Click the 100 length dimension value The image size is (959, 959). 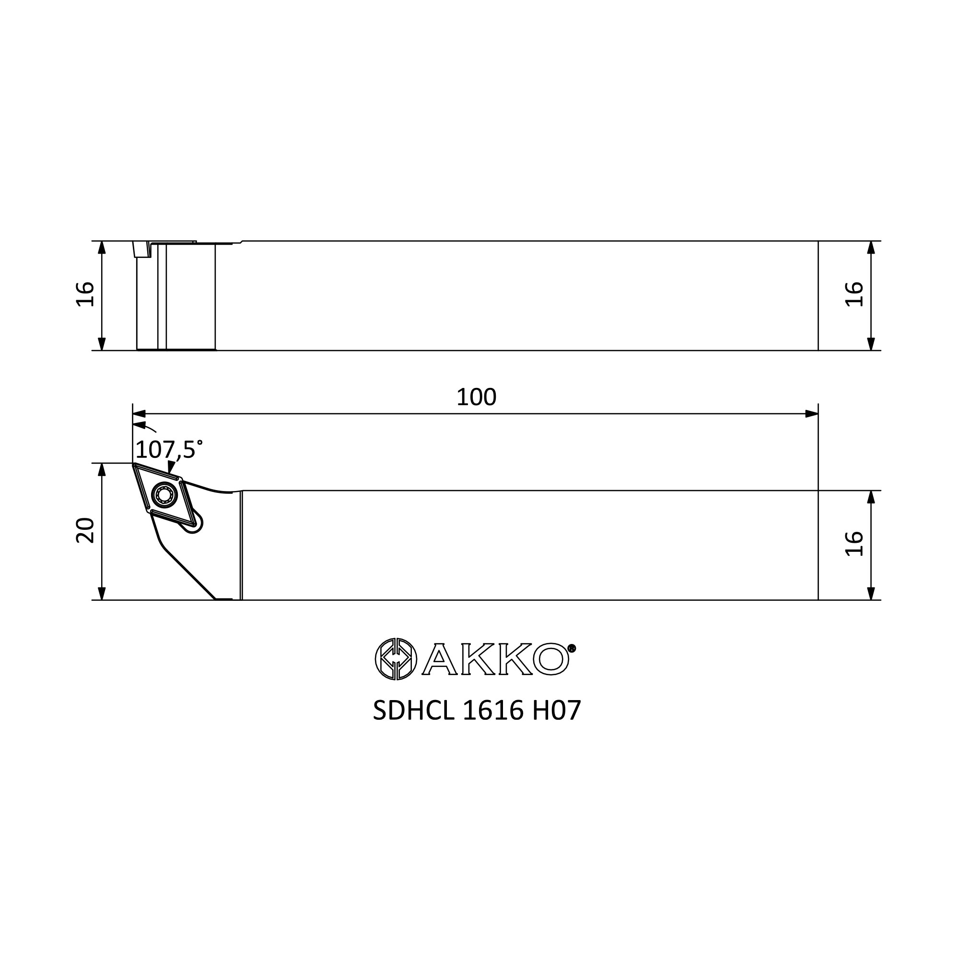(476, 397)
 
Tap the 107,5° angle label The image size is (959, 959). (169, 450)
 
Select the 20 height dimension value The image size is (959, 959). (85, 530)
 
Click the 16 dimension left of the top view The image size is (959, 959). (85, 294)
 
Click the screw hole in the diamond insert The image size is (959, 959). (164, 494)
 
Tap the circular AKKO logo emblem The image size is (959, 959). (396, 659)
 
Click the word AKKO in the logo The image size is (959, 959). (495, 659)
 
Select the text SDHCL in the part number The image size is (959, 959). (413, 711)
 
